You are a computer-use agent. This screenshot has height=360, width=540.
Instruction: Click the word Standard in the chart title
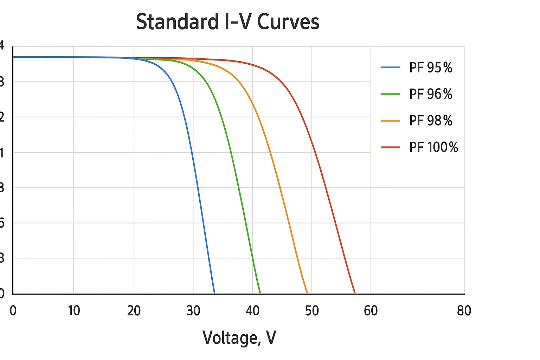[x=177, y=22]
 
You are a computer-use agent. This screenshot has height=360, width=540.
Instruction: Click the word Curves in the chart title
[x=288, y=22]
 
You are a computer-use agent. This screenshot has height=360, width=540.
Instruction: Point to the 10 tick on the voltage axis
[x=74, y=311]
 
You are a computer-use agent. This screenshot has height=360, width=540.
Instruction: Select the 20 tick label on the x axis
[x=134, y=311]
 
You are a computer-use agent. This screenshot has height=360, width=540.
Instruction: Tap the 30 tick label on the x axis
[x=193, y=311]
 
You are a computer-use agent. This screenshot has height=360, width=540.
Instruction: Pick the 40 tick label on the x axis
[x=252, y=311]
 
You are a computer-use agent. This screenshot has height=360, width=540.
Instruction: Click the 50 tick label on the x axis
[x=312, y=311]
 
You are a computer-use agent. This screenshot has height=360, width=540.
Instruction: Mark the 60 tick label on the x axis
[x=371, y=311]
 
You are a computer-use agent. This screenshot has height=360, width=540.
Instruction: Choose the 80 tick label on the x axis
[x=464, y=311]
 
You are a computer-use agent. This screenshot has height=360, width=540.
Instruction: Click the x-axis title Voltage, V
[x=239, y=338]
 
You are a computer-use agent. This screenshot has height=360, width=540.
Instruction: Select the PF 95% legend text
[x=431, y=67]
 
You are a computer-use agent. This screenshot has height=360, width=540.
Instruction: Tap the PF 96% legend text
[x=431, y=94]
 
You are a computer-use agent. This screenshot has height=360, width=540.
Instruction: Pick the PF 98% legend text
[x=431, y=121]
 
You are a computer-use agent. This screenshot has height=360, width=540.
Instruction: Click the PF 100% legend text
[x=433, y=147]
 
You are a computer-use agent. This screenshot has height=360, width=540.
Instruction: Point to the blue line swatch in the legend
[x=391, y=67]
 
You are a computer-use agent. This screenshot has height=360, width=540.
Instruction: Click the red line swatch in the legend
[x=391, y=147]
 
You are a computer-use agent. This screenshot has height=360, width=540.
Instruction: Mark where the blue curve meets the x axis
[x=214, y=293]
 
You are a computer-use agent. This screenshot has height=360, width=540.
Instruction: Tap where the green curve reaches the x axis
[x=260, y=293]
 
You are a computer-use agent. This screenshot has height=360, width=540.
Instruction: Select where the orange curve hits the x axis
[x=307, y=293]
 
